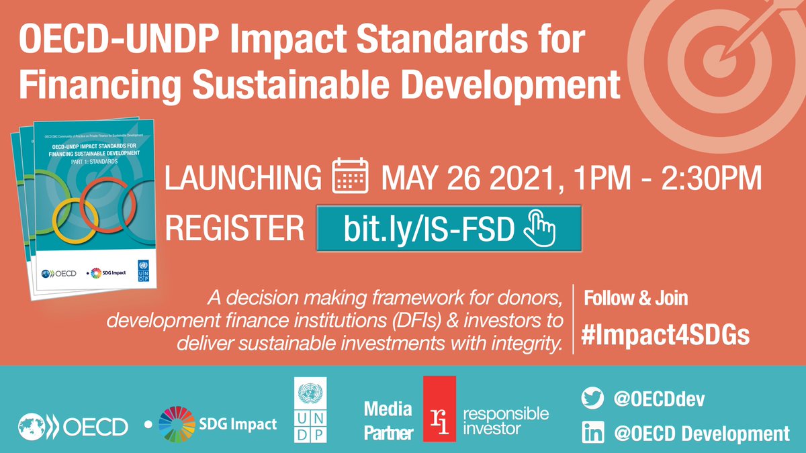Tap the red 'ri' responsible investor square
click(x=439, y=409)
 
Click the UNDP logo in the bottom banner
click(x=310, y=409)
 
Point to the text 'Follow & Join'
click(x=635, y=297)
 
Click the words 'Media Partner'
click(x=388, y=420)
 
